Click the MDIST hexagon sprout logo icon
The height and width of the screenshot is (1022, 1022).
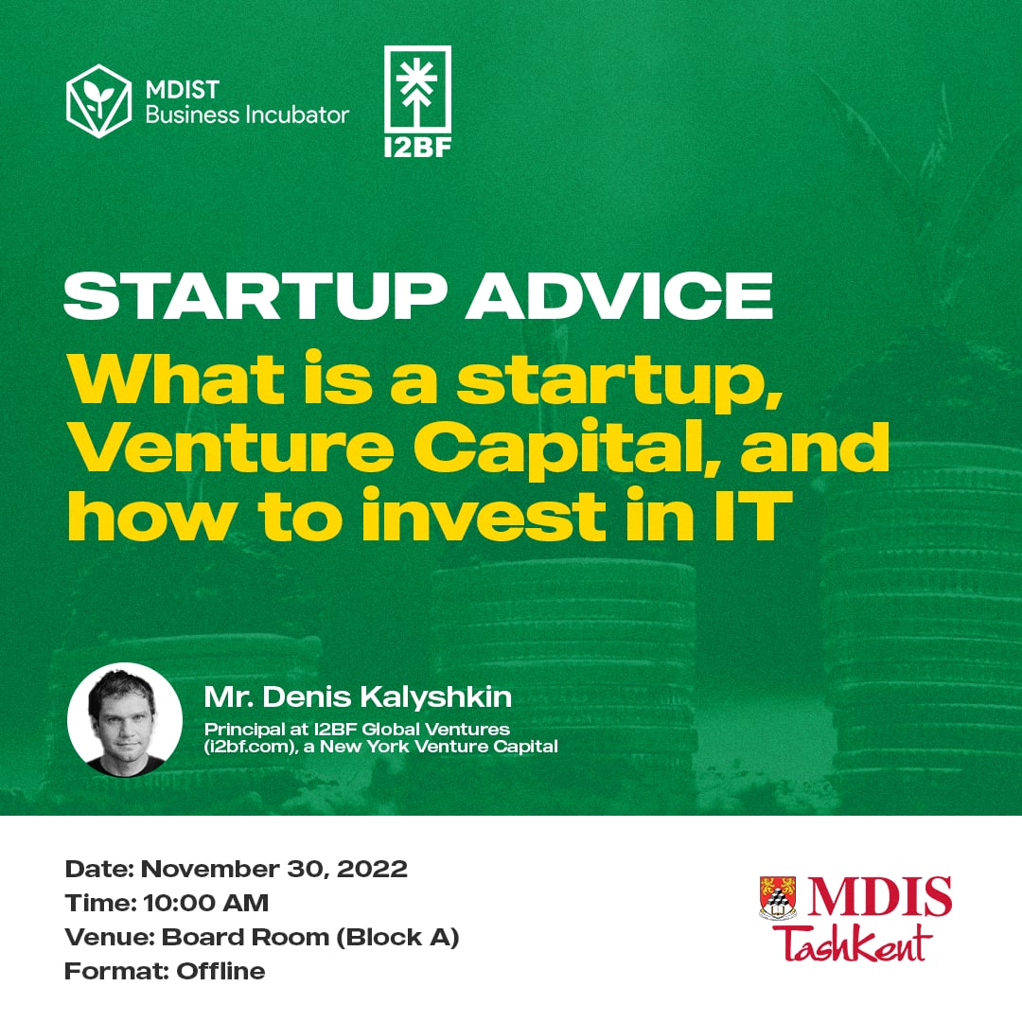coord(99,101)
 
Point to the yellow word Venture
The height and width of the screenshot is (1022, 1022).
coord(231,448)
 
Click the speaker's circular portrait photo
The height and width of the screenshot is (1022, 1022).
coord(125,719)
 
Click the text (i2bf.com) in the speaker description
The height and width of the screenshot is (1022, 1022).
coord(251,747)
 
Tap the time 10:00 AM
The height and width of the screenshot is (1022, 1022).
coord(206,903)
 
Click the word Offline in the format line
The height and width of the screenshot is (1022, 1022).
coord(220,971)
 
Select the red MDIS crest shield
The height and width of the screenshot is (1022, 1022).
coord(778,898)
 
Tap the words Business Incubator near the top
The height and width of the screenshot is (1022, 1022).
coord(247,115)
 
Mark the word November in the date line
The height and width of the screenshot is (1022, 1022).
coord(210,869)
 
